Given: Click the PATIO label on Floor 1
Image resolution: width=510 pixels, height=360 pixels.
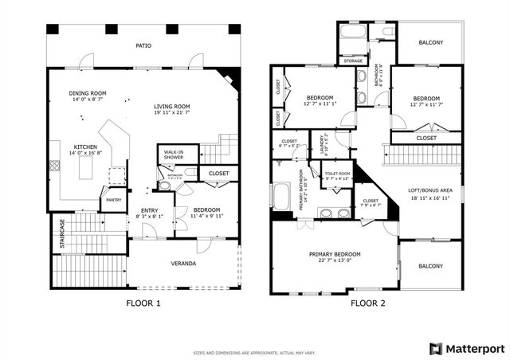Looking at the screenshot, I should (x=143, y=45).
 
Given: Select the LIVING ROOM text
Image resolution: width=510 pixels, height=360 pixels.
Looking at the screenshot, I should (x=171, y=106).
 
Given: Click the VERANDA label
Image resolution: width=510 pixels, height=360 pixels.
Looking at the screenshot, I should (x=184, y=263).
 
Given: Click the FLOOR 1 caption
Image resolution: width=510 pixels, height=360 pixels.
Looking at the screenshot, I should (x=143, y=303).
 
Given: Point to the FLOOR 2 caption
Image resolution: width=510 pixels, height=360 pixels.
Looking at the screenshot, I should (x=367, y=303).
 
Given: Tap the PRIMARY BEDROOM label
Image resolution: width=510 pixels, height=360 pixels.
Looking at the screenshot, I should (x=335, y=254).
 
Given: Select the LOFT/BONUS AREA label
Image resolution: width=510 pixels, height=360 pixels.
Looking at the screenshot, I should (x=431, y=190).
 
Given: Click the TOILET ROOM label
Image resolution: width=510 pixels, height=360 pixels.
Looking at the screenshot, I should (x=336, y=173).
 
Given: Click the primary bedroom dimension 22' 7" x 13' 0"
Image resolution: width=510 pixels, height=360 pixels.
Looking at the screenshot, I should (x=335, y=260).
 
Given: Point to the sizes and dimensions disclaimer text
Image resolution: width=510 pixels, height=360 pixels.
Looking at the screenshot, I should (x=254, y=351).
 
